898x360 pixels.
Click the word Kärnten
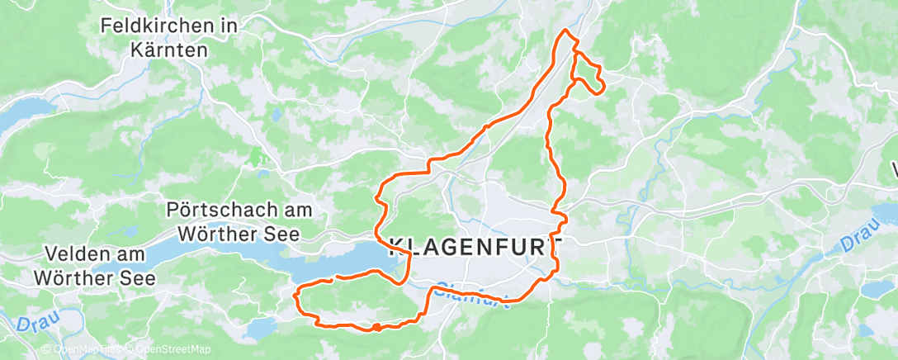(x=169, y=50)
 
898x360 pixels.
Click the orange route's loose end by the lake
(x=331, y=281)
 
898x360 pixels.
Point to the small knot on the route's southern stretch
(x=376, y=328)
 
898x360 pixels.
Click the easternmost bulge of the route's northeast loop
(x=604, y=85)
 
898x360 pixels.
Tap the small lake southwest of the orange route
(x=258, y=328)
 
